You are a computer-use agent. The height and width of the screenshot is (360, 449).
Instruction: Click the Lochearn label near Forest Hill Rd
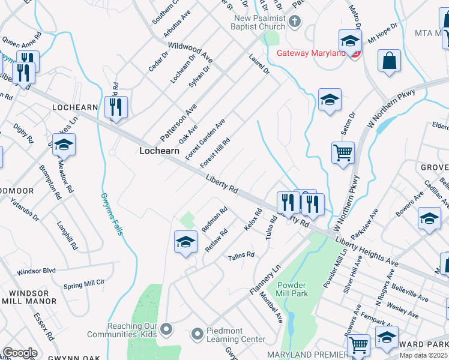[x=159, y=151]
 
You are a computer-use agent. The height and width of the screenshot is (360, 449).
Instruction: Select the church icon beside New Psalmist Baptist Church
[x=294, y=23]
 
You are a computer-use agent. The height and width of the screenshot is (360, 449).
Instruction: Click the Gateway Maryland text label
[x=311, y=53]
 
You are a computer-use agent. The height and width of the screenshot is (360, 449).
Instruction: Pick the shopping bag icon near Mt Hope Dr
[x=389, y=61]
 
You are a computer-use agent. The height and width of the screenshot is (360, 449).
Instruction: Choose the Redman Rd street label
[x=214, y=220]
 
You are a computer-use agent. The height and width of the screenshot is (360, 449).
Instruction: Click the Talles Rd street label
[x=241, y=256]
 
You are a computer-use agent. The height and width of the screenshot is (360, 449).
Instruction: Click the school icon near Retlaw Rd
[x=186, y=242]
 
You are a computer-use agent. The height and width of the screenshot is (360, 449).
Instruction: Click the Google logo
[x=20, y=353]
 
